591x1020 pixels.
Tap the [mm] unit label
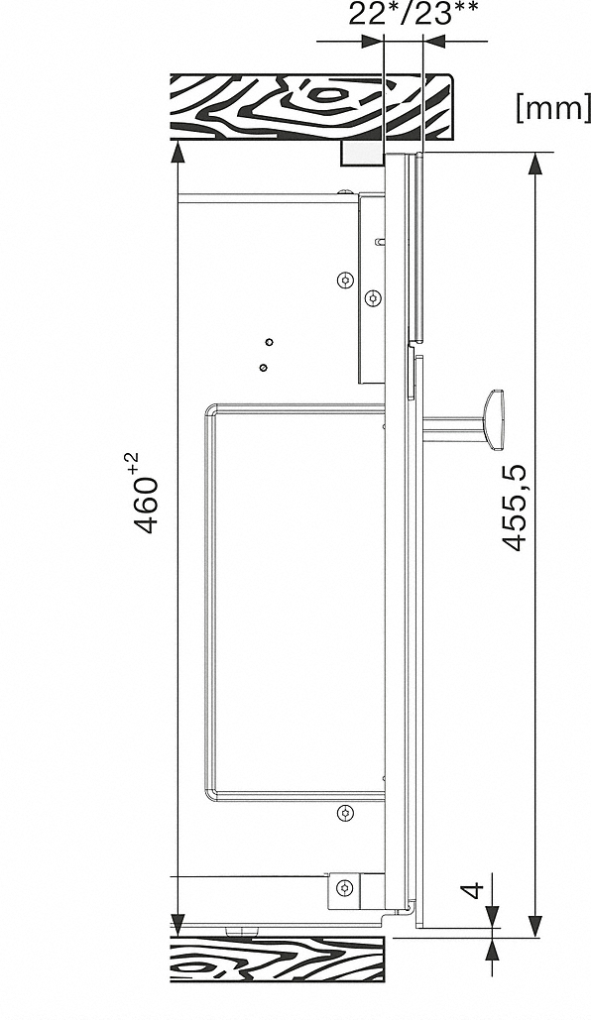(553, 108)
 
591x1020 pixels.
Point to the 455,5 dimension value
(517, 509)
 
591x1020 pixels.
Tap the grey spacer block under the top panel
(362, 154)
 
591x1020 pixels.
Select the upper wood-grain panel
(311, 107)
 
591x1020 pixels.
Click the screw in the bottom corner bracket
(345, 887)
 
